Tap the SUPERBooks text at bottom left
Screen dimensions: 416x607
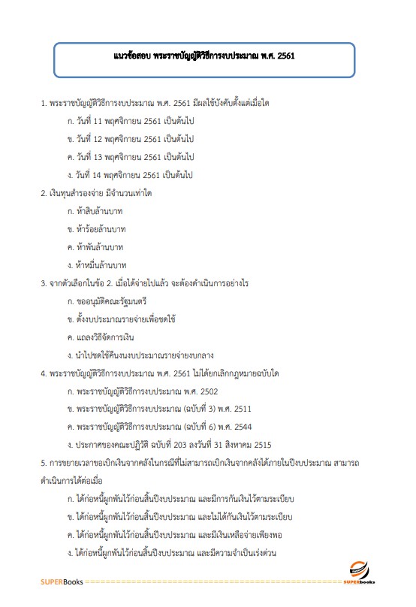click(x=63, y=581)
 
